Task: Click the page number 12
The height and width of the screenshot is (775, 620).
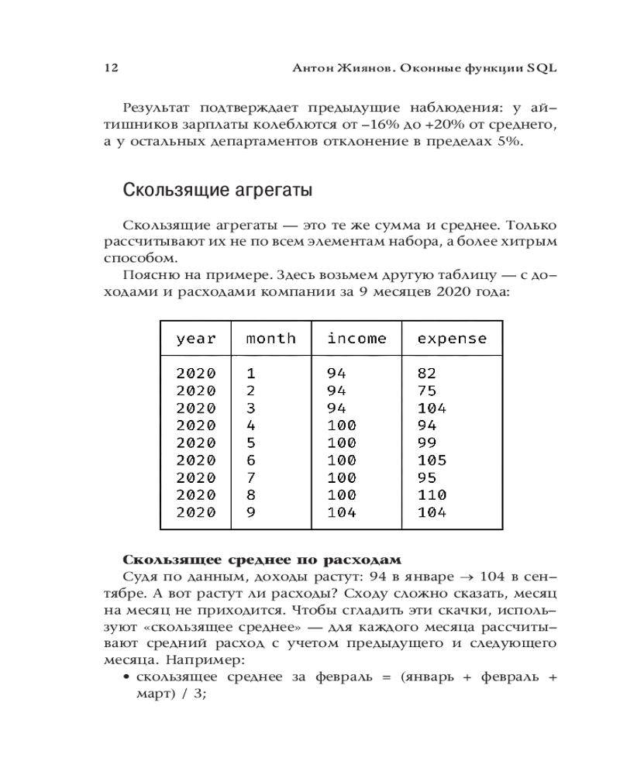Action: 110,67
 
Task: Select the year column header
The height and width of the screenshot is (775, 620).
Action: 196,339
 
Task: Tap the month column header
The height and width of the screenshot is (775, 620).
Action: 270,339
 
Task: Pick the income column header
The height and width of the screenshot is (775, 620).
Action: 356,339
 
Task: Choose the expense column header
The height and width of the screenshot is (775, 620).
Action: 452,339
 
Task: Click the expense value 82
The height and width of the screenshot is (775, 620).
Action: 427,372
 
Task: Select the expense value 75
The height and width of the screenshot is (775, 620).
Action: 427,390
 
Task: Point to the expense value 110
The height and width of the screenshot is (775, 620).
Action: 432,494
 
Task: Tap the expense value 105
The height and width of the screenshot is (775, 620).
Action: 432,460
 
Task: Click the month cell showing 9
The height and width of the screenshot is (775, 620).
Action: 250,512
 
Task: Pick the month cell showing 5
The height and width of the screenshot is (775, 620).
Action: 250,443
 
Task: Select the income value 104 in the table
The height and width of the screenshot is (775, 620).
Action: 341,512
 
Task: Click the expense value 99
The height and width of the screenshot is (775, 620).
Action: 427,443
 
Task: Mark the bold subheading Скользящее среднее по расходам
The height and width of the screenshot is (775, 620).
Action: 263,560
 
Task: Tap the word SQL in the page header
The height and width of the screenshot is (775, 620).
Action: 542,67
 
